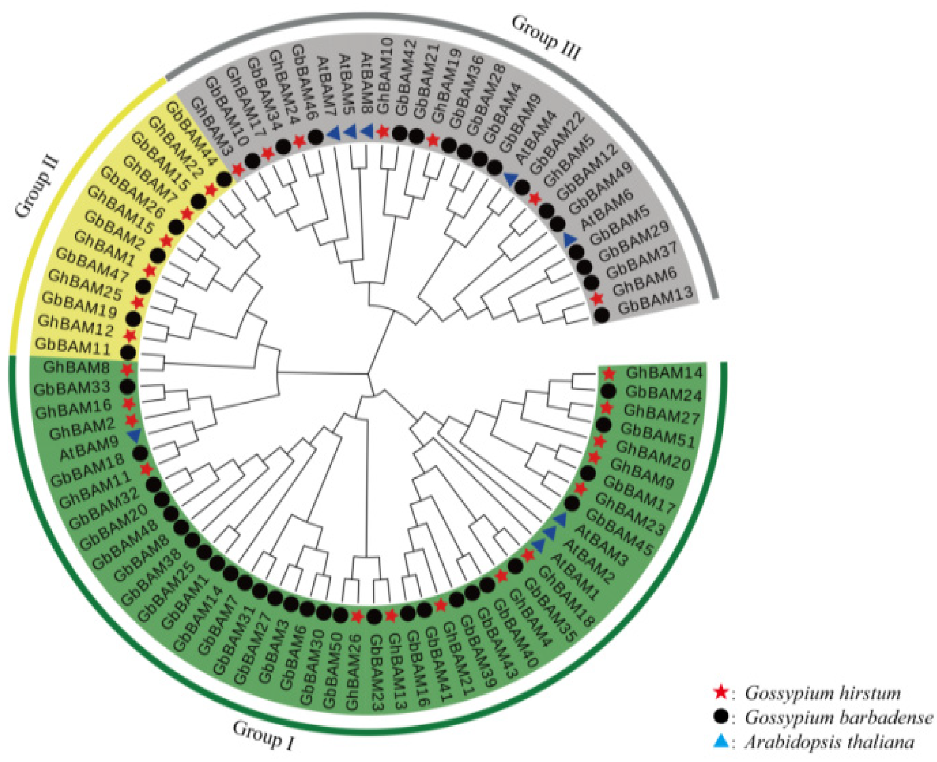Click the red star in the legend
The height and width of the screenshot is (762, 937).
pyautogui.click(x=721, y=693)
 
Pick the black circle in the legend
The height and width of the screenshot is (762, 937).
pyautogui.click(x=721, y=717)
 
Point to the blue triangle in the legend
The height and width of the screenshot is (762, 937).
pyautogui.click(x=721, y=741)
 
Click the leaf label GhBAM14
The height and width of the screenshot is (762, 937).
pyautogui.click(x=664, y=373)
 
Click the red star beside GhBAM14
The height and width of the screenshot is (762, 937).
pyautogui.click(x=608, y=374)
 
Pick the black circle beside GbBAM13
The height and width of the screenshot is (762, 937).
pyautogui.click(x=602, y=315)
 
